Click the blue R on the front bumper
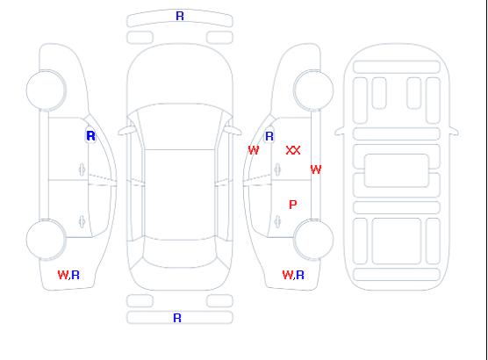click(x=180, y=16)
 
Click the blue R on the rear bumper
click(x=176, y=318)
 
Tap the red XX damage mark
click(x=293, y=150)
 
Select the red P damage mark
click(x=293, y=205)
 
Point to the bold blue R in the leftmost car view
click(x=90, y=136)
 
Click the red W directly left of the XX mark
click(x=254, y=150)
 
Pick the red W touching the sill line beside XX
click(x=316, y=169)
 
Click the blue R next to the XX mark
click(x=269, y=136)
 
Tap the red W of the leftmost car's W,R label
click(x=63, y=275)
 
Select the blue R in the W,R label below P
click(x=300, y=275)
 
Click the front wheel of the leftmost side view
click(x=46, y=90)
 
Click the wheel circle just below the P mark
click(x=313, y=239)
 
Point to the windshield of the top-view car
click(x=180, y=126)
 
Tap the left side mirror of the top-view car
click(x=126, y=131)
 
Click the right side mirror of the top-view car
click(x=233, y=131)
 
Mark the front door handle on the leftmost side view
click(x=82, y=169)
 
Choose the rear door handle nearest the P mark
click(x=277, y=221)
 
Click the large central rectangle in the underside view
click(x=396, y=170)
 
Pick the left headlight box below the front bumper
click(x=140, y=38)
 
